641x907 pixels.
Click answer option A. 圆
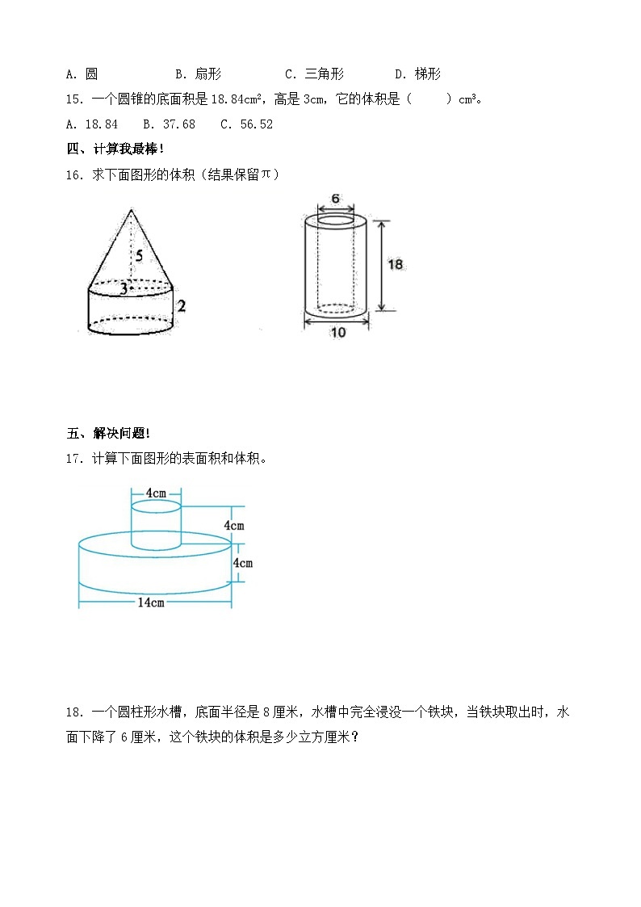(x=82, y=74)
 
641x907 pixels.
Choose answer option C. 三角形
(x=315, y=74)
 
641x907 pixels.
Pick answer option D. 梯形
(x=418, y=74)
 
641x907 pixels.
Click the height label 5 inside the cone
(x=139, y=257)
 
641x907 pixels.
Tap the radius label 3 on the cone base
(x=124, y=288)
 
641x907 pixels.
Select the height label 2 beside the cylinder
(x=182, y=306)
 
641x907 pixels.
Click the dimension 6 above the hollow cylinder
(x=335, y=199)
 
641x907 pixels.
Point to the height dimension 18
(x=395, y=264)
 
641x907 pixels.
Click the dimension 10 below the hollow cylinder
(x=337, y=332)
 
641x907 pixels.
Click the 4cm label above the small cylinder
(x=156, y=493)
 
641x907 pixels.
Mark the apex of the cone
(x=131, y=210)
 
